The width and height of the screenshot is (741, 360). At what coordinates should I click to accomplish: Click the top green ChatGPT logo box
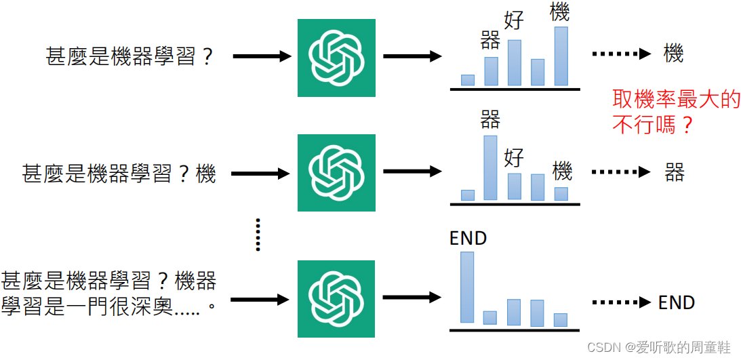(x=336, y=57)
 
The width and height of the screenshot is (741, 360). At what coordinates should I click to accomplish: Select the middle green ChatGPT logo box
(x=336, y=173)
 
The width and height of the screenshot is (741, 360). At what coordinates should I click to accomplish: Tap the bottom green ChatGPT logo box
(x=336, y=298)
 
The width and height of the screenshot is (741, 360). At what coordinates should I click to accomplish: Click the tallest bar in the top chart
(x=561, y=56)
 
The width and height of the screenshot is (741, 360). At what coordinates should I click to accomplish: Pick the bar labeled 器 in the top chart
(x=491, y=71)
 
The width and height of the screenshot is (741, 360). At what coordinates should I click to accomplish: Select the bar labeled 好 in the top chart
(x=515, y=62)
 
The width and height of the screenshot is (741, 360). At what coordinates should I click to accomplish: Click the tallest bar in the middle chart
(x=490, y=168)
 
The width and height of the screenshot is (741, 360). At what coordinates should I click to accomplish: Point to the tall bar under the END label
(x=467, y=287)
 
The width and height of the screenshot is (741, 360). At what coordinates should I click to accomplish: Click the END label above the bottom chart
(x=468, y=239)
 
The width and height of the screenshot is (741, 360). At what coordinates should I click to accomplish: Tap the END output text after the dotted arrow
(x=676, y=302)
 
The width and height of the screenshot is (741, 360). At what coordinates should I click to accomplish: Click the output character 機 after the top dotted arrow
(x=673, y=54)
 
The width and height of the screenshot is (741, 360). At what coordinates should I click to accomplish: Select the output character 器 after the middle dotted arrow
(x=674, y=172)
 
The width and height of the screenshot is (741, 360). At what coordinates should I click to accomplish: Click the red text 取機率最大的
(x=676, y=100)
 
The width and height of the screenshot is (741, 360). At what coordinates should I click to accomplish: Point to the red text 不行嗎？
(x=653, y=124)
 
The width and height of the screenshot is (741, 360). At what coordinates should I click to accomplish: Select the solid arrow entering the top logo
(x=262, y=56)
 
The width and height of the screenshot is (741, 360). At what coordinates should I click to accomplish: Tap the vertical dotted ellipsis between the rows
(x=258, y=235)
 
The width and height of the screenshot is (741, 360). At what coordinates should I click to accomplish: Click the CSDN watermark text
(x=658, y=347)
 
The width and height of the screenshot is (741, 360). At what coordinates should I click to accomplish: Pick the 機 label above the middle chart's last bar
(x=562, y=171)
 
